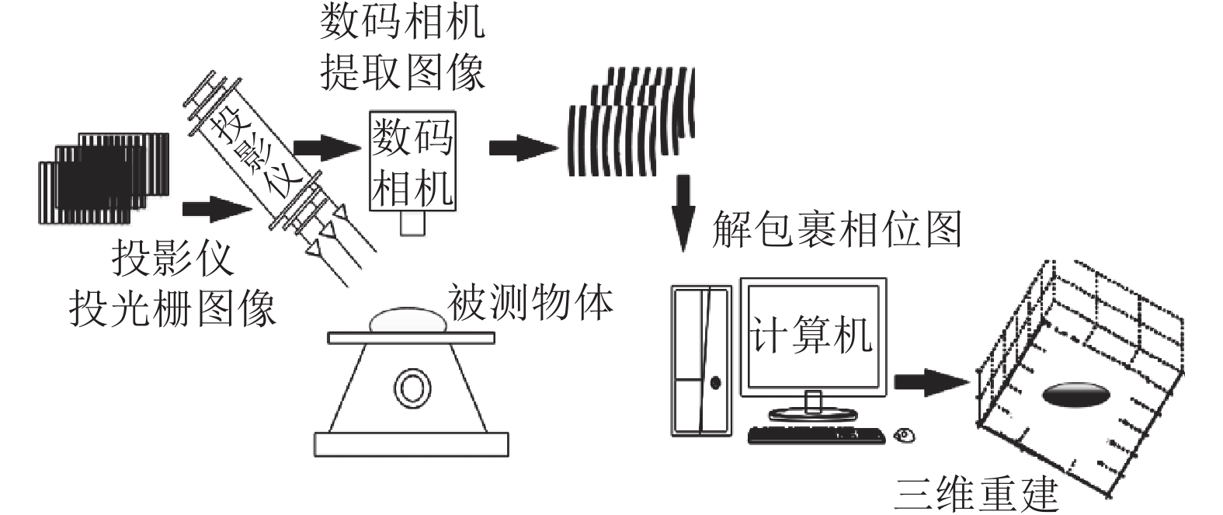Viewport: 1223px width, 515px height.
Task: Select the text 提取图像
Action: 402,71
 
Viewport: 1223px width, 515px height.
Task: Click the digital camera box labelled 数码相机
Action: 412,161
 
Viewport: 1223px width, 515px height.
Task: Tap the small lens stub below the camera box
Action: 412,223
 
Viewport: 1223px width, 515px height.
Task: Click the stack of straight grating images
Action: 103,179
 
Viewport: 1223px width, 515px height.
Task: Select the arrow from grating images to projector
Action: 217,209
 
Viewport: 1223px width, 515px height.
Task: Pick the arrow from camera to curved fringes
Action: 523,148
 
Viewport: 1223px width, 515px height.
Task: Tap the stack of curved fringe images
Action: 631,120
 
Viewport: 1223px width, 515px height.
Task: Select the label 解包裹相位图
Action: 836,229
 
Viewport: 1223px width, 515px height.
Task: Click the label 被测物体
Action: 530,302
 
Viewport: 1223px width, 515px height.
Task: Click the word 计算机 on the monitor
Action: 811,336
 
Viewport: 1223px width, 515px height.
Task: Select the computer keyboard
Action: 816,435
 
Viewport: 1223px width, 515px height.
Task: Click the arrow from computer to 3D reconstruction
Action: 931,381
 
